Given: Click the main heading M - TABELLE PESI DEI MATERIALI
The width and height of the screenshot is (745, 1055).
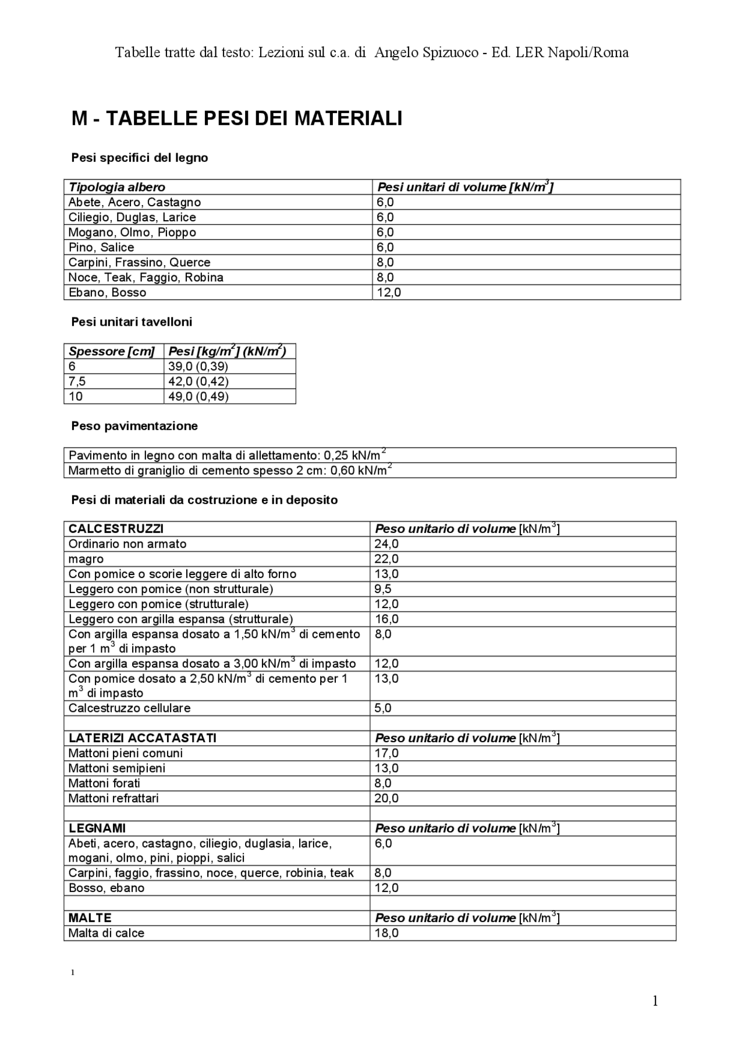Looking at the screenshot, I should pyautogui.click(x=237, y=119).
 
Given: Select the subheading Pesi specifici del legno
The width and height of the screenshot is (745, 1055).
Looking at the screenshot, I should pyautogui.click(x=140, y=158).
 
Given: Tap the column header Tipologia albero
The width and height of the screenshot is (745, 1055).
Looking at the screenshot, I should pyautogui.click(x=117, y=187).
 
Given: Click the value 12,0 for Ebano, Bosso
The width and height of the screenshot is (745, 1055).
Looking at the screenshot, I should pyautogui.click(x=389, y=292).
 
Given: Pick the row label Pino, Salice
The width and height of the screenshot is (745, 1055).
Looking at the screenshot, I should pyautogui.click(x=101, y=247).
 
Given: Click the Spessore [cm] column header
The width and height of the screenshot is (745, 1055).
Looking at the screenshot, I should pyautogui.click(x=112, y=351).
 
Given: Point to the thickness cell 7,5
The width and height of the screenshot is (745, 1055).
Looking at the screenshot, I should pyautogui.click(x=77, y=382).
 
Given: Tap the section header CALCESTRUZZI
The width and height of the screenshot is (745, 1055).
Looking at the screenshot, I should pyautogui.click(x=116, y=529).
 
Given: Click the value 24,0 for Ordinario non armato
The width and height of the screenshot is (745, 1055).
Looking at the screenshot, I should pyautogui.click(x=386, y=544).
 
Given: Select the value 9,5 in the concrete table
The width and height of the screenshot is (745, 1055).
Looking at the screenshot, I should pyautogui.click(x=383, y=589).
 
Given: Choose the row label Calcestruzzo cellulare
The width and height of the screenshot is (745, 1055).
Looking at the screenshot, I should pyautogui.click(x=129, y=708).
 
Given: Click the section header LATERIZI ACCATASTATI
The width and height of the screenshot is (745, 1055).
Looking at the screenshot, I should pyautogui.click(x=143, y=738).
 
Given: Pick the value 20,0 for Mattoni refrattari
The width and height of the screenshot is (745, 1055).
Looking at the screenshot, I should pyautogui.click(x=386, y=798).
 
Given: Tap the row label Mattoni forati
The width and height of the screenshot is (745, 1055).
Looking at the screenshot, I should pyautogui.click(x=104, y=784).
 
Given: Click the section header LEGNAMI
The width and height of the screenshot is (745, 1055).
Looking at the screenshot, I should pyautogui.click(x=97, y=828).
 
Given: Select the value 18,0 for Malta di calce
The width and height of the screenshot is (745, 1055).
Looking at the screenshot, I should pyautogui.click(x=386, y=933).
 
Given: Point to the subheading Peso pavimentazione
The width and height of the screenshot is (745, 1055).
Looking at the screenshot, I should pyautogui.click(x=134, y=426).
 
